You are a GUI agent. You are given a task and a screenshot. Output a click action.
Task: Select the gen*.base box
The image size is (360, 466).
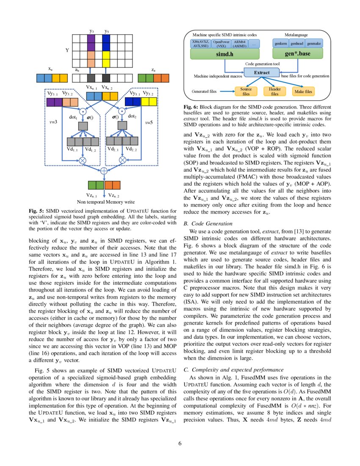297,54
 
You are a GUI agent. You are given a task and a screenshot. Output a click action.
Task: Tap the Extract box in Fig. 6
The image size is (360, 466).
262,72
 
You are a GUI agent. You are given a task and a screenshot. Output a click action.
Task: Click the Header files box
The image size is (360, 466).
275,91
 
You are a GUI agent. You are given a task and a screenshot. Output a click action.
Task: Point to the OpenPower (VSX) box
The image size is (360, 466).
222,44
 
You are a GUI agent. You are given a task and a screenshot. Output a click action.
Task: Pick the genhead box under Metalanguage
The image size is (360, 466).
297,44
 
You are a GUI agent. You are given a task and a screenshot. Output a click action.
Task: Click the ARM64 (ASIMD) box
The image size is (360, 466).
240,44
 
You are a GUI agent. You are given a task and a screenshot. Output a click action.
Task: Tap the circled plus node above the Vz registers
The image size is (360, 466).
103,171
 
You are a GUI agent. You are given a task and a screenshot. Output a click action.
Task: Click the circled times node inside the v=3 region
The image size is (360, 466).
82,160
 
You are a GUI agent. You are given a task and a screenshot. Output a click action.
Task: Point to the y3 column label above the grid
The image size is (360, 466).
92,31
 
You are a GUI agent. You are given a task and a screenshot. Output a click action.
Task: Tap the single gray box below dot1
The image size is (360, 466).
82,126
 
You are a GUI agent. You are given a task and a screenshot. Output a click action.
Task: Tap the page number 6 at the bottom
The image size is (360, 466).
180,444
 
